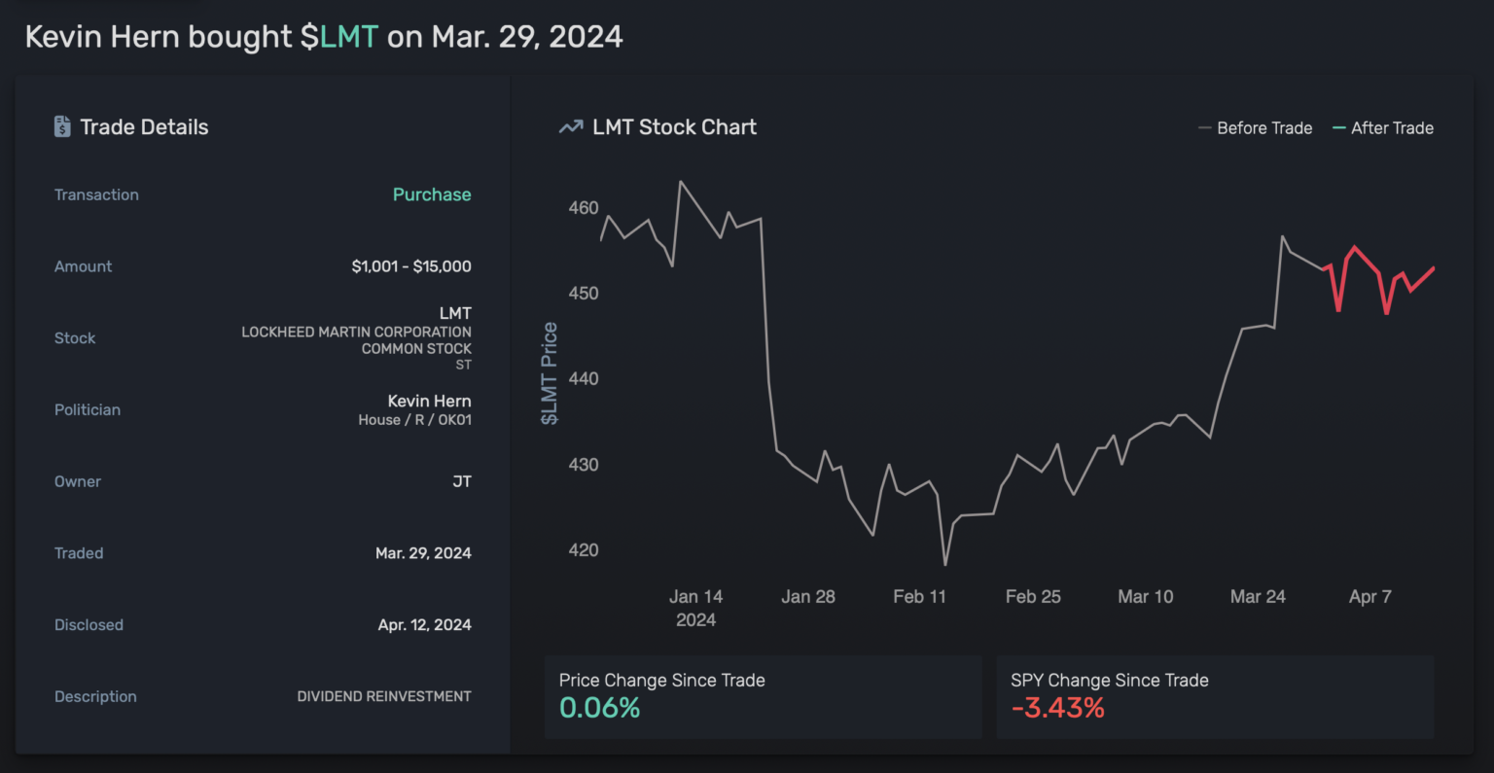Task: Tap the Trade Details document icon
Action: [62, 126]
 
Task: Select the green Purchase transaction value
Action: [432, 194]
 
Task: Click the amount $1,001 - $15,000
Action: [411, 266]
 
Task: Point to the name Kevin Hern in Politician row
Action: [429, 401]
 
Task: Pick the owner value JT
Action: [462, 481]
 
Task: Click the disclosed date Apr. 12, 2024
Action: [424, 625]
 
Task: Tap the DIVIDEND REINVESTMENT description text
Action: [384, 696]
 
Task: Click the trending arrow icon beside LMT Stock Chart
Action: [571, 127]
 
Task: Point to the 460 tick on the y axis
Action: [584, 208]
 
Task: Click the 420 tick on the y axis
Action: [584, 550]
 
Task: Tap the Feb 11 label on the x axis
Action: [919, 597]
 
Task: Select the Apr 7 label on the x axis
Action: [1369, 597]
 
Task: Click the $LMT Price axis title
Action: [550, 373]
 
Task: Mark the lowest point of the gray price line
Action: [944, 565]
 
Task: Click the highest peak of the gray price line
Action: [680, 182]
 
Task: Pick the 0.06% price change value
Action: [599, 708]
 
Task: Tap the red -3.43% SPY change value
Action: [1057, 708]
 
